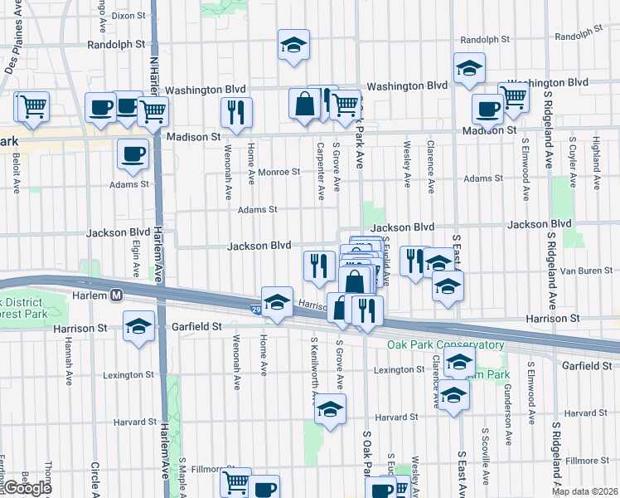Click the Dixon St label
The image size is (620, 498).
[x=128, y=15]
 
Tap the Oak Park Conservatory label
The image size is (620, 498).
[x=445, y=344]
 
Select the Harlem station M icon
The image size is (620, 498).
[x=118, y=295]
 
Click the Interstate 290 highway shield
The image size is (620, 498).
[x=257, y=310]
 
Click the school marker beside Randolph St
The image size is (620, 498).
[x=293, y=45]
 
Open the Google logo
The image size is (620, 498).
[x=27, y=488]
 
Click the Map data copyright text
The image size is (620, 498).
[x=585, y=491]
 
